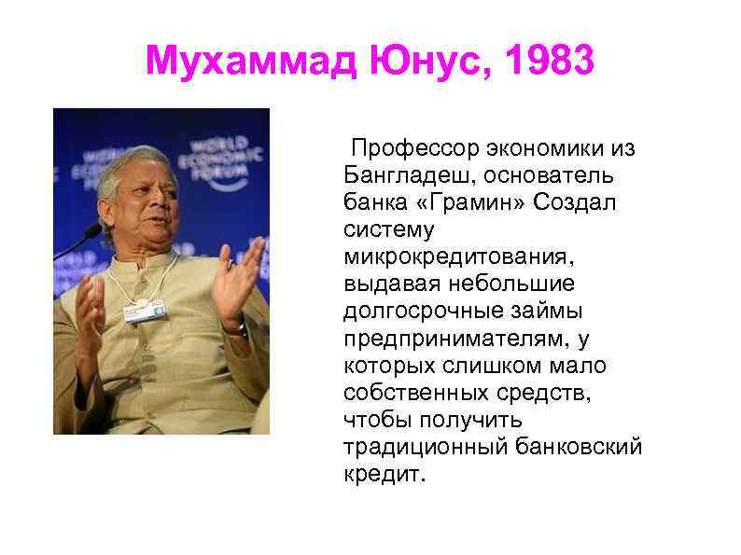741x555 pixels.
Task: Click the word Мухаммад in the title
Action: pos(250,62)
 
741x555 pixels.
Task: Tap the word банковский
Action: pos(579,446)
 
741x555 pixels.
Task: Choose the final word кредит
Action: pos(383,473)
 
